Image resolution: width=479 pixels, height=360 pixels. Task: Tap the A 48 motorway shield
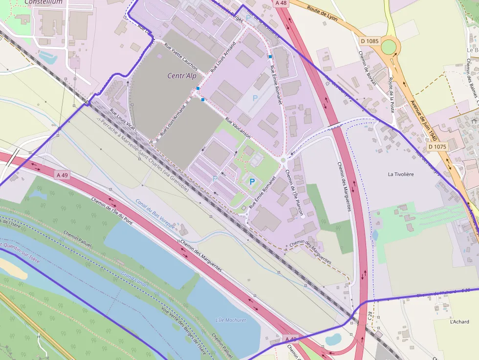click(x=281, y=3)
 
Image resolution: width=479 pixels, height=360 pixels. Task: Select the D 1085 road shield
click(x=369, y=41)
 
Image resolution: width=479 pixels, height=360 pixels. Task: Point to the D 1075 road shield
click(x=437, y=147)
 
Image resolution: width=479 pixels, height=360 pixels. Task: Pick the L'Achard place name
click(x=459, y=321)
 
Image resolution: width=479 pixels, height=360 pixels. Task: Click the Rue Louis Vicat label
click(x=122, y=120)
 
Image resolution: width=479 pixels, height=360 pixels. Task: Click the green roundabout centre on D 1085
click(x=388, y=47)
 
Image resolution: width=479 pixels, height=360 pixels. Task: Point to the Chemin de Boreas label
click(x=367, y=68)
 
